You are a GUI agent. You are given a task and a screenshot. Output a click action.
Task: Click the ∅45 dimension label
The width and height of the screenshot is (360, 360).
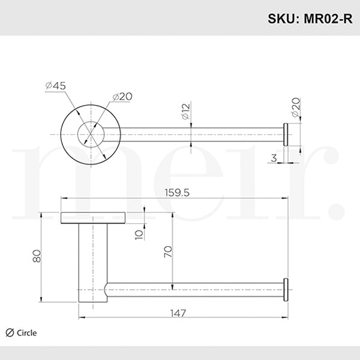[55, 86]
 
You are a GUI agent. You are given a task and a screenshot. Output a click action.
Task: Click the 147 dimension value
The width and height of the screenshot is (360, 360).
[178, 313]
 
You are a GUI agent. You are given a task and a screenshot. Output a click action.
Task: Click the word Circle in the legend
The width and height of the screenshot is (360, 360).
[26, 333]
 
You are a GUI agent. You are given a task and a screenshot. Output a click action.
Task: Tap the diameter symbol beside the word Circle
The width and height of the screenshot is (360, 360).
[9, 333]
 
